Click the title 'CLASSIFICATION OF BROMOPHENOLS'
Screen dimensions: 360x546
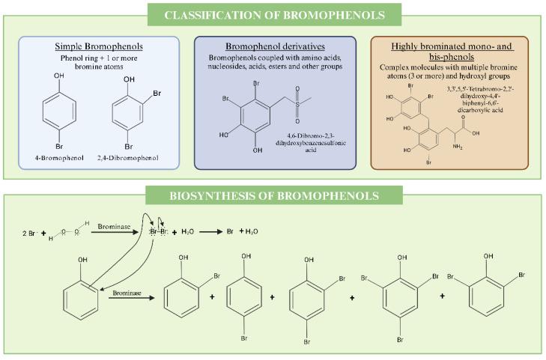tap(273, 14)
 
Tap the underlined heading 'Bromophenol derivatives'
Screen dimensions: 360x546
tap(275, 46)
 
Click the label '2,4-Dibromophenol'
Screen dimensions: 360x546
tap(129, 158)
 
